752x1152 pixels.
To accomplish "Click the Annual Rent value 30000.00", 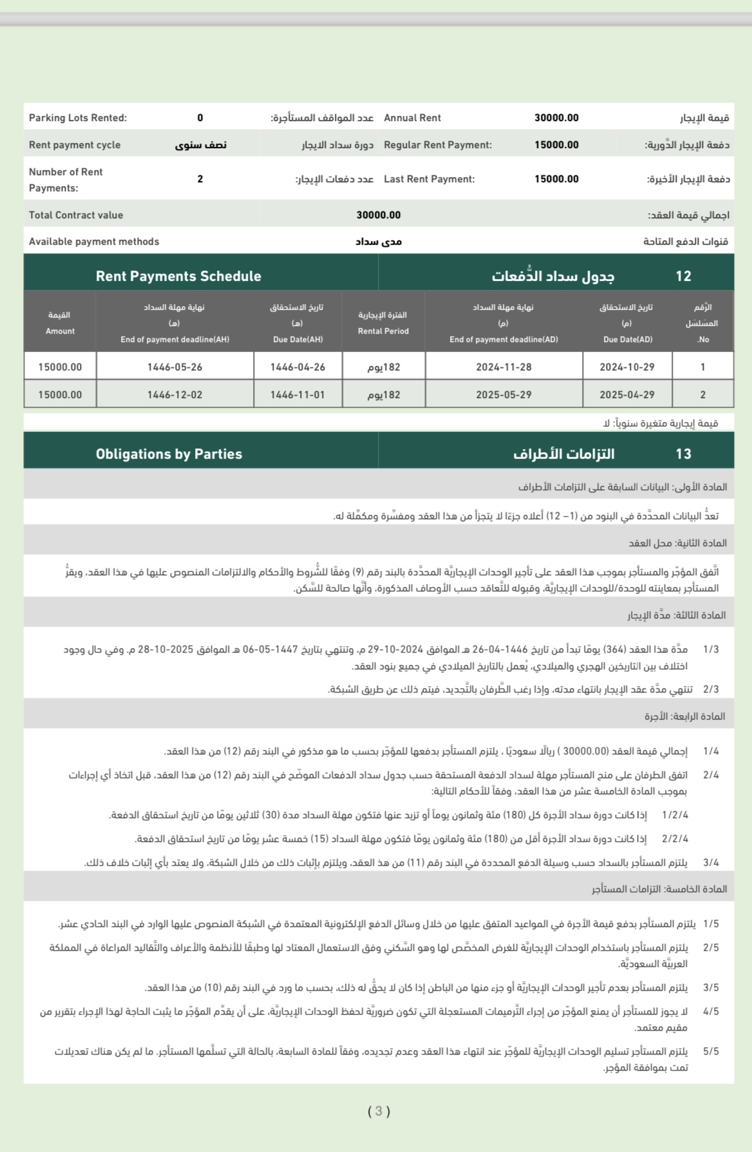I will tap(556, 118).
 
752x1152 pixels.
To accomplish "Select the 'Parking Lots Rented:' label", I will tap(78, 118).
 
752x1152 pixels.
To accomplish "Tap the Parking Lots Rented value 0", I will tap(200, 118).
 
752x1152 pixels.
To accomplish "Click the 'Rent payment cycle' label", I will tap(75, 145).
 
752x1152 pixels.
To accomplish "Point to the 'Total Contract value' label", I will tap(76, 215).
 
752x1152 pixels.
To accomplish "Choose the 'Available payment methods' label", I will tap(94, 242).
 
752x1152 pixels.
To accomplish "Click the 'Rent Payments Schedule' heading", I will tap(178, 276).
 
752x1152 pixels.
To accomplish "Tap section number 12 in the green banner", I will tap(683, 276).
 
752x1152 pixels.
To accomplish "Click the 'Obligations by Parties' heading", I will tap(169, 454).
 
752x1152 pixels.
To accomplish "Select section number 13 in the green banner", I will tap(683, 454).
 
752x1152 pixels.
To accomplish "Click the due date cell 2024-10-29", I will tap(626, 367).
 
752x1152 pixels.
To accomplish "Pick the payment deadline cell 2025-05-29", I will tap(503, 395).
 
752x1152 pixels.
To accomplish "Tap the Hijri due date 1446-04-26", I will tap(297, 367).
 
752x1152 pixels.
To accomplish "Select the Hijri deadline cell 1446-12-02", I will tap(174, 395).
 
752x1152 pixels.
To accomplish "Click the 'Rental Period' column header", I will tap(383, 331).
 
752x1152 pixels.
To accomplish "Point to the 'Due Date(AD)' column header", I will tap(627, 340).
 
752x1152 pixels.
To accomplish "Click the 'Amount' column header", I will tap(60, 331).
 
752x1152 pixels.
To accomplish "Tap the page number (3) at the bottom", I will tap(379, 1111).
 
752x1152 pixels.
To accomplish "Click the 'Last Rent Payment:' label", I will tap(429, 179).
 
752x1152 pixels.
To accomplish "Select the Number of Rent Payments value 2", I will tap(200, 179).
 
